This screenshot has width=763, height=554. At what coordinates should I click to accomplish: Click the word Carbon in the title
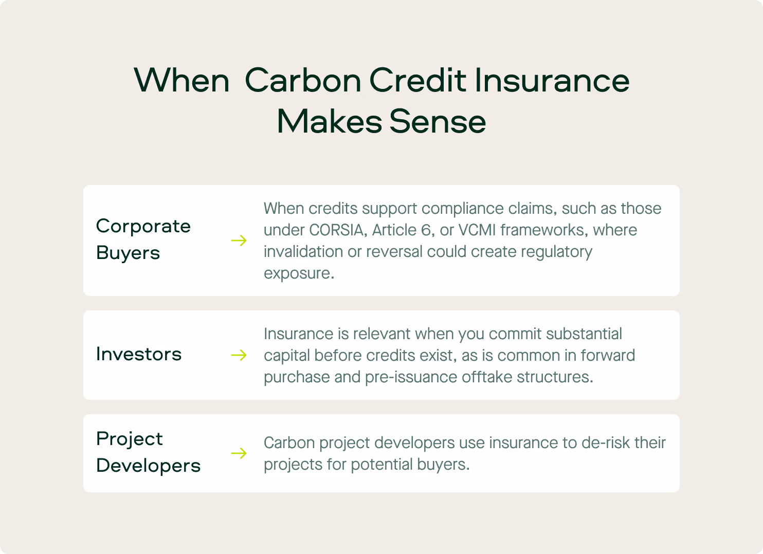tap(303, 80)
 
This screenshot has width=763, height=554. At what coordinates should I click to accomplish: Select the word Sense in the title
tap(438, 122)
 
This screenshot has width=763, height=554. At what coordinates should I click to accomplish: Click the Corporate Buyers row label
tap(143, 239)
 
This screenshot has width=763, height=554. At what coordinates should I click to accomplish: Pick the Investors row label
tap(139, 354)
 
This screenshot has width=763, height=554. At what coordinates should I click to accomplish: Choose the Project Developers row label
tap(148, 452)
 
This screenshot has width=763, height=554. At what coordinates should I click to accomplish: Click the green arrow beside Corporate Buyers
tap(239, 241)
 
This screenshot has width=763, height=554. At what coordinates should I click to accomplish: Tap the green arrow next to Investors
tap(239, 355)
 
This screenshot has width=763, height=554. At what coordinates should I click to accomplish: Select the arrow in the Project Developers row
tap(239, 453)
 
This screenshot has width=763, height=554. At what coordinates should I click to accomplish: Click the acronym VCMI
tap(477, 230)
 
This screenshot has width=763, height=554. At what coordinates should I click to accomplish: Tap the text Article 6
tap(403, 230)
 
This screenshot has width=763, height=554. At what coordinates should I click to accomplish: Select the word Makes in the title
tap(330, 122)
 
